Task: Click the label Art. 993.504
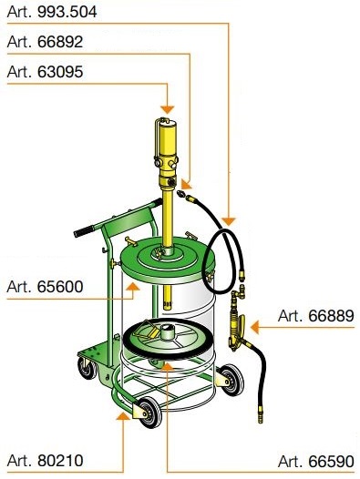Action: click(52, 12)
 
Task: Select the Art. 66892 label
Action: click(45, 42)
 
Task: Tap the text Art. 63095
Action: click(45, 72)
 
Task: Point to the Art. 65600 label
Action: click(45, 287)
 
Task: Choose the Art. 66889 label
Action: click(316, 316)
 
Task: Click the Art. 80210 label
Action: click(45, 461)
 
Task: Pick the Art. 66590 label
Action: click(316, 461)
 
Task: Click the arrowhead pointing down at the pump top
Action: click(168, 109)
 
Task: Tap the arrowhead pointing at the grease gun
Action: click(255, 327)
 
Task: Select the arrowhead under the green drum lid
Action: click(133, 286)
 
